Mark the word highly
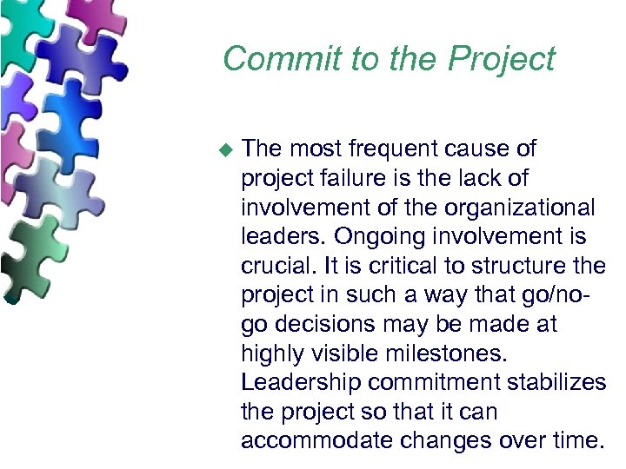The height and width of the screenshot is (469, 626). click(273, 353)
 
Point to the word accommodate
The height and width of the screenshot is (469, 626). click(311, 439)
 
